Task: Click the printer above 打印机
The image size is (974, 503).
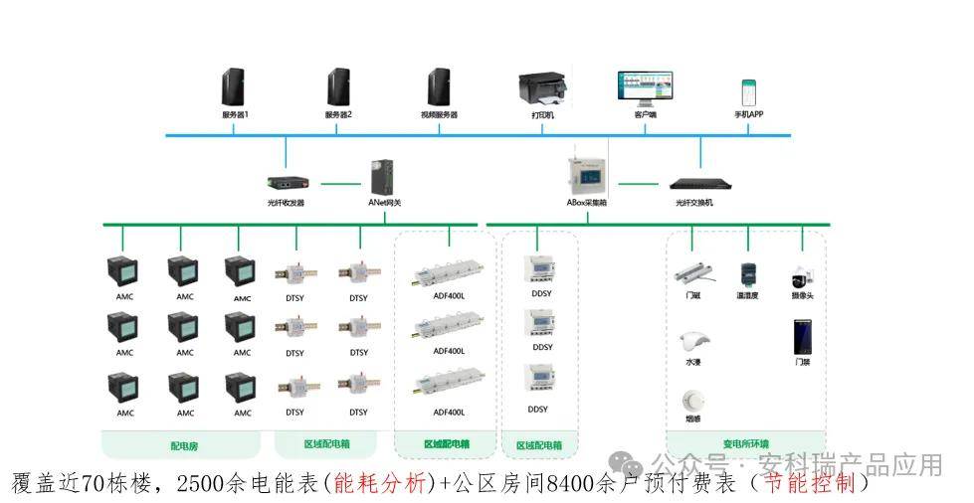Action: pos(543,87)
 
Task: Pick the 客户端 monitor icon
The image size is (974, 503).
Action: pos(645,87)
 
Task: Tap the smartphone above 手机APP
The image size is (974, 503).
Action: pos(748,91)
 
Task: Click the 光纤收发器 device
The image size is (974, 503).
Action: pos(286,183)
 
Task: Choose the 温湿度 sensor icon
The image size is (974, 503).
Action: pos(747,273)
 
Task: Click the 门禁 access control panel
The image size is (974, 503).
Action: pos(802,336)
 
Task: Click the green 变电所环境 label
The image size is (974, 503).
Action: pos(746,443)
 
